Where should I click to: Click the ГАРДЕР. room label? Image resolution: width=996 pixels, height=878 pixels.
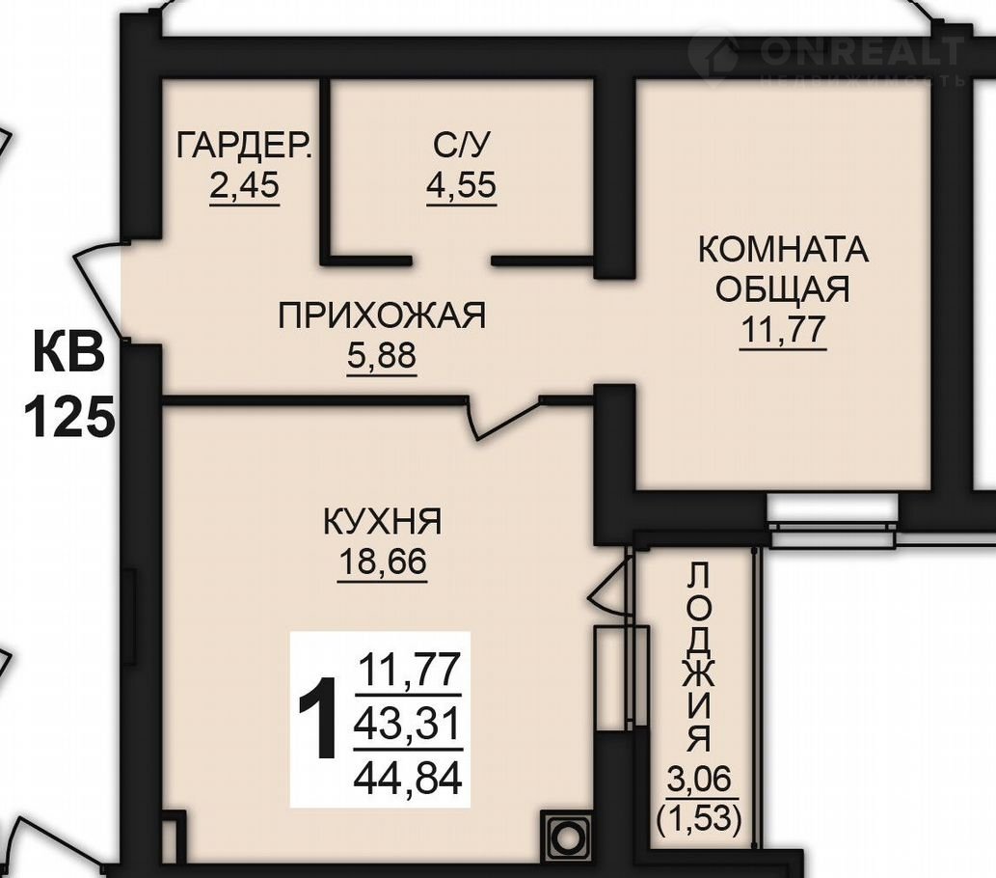click(x=245, y=145)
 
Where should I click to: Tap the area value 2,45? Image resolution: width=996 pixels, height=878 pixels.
click(x=245, y=185)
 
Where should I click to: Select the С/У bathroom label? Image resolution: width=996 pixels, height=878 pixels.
click(x=462, y=145)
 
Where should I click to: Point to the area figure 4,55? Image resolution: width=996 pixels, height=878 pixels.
click(x=462, y=185)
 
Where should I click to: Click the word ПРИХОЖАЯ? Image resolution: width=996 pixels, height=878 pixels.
click(x=382, y=316)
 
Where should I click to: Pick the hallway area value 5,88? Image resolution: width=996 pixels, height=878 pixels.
click(x=382, y=356)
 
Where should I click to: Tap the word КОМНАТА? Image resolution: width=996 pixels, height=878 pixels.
click(x=783, y=249)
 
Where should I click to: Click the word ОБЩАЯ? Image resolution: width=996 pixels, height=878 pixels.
click(x=783, y=289)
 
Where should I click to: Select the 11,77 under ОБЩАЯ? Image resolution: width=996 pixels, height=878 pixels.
click(x=783, y=329)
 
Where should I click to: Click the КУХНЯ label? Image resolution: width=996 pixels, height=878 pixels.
click(x=383, y=523)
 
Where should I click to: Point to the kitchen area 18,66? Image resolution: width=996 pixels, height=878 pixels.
click(x=383, y=562)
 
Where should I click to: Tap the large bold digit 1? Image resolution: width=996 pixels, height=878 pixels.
click(x=317, y=719)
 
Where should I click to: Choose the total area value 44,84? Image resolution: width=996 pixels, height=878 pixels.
click(x=408, y=779)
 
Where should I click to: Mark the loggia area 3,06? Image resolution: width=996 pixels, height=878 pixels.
click(x=699, y=779)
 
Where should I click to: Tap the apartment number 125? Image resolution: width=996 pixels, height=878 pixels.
click(x=69, y=417)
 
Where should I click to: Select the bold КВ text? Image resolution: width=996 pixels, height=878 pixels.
click(x=69, y=352)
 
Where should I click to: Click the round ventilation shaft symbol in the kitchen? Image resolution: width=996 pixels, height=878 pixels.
click(x=565, y=837)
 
